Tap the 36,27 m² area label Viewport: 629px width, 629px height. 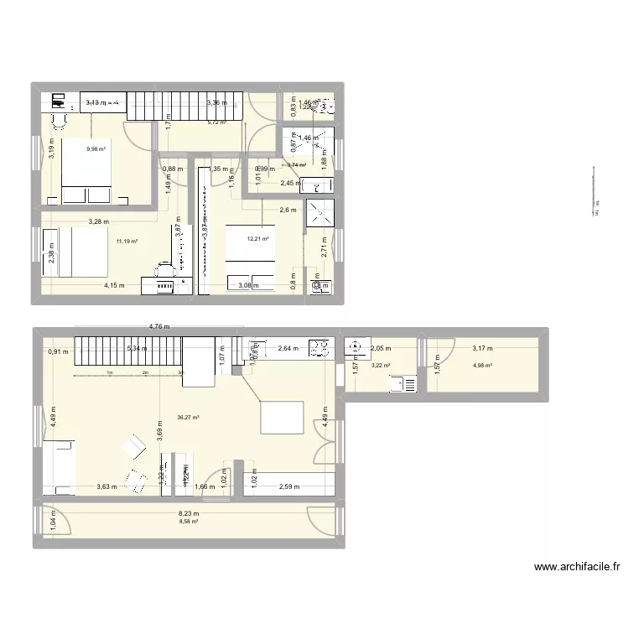(188, 417)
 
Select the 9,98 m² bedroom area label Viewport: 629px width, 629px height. (96, 150)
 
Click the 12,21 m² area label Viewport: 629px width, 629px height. (257, 238)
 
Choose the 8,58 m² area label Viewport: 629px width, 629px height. (188, 521)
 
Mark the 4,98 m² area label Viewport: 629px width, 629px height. (482, 365)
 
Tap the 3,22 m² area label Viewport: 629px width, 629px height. (382, 365)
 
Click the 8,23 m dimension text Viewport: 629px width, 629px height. (188, 511)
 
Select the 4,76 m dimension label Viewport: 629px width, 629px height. (160, 327)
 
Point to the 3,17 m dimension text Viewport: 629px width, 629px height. (482, 348)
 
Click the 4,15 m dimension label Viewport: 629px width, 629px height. (115, 286)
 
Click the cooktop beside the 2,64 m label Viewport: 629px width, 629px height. (320, 347)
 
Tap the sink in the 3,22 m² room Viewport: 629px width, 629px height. (406, 385)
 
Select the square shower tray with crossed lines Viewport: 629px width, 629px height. (319, 213)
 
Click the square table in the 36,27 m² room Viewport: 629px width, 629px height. (282, 417)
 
